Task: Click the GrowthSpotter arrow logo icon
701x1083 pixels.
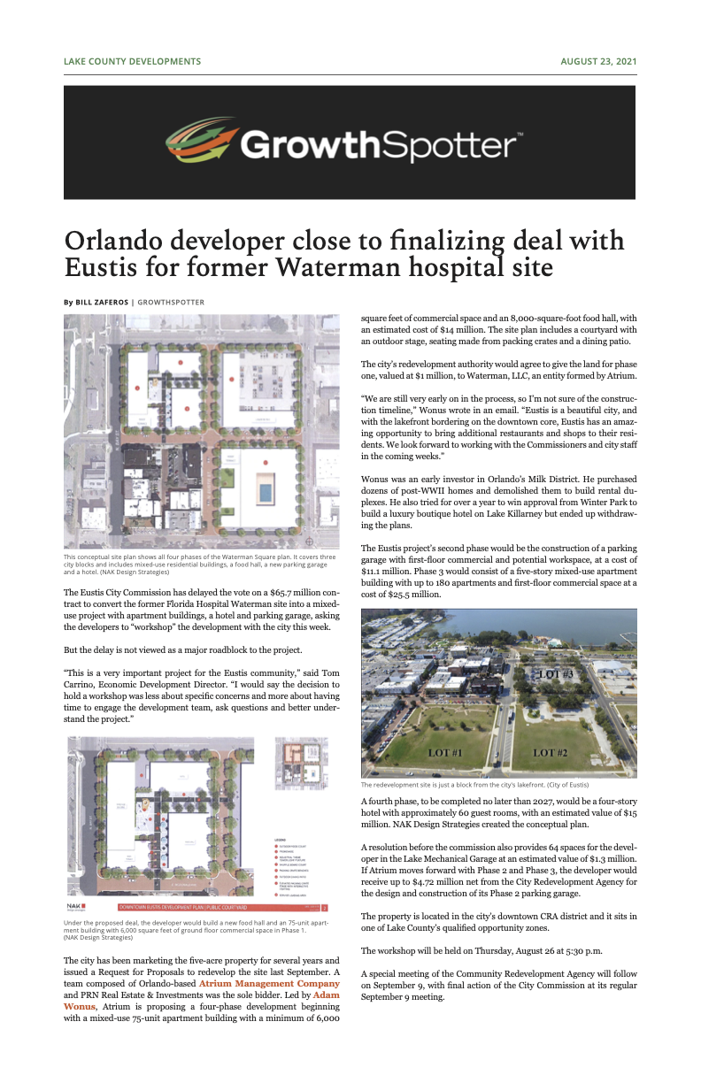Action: (x=202, y=142)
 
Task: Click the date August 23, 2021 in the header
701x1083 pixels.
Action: (x=598, y=62)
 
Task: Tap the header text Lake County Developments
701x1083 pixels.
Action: (x=132, y=62)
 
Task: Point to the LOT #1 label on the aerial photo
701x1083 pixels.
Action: (x=445, y=753)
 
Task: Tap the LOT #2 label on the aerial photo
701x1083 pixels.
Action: (x=556, y=753)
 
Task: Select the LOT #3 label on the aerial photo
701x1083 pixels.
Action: (x=556, y=674)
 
